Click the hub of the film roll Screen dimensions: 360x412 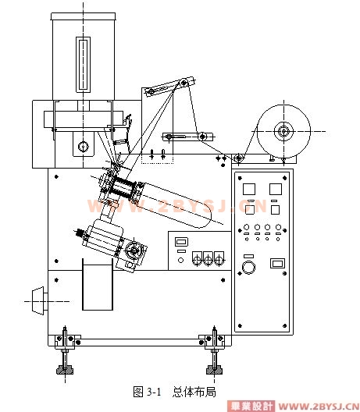click(283, 131)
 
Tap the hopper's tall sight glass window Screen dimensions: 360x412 click(83, 65)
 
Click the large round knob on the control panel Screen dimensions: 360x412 click(248, 268)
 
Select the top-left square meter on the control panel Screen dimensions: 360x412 click(249, 189)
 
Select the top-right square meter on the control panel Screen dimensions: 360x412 click(276, 189)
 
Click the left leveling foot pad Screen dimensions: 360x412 click(65, 370)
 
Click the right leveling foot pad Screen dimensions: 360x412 click(214, 370)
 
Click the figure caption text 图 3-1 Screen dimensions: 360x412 click(147, 392)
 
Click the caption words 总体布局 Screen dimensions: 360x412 click(194, 392)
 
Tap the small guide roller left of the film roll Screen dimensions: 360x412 click(238, 158)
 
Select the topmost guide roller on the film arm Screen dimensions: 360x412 click(184, 83)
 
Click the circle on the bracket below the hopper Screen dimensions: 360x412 click(83, 147)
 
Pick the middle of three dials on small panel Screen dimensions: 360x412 click(208, 258)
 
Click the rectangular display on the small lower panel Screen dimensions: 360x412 click(181, 242)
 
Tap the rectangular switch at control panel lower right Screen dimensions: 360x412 click(277, 263)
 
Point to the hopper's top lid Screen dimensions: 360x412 click(83, 16)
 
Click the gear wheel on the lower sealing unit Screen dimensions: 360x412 click(134, 250)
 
